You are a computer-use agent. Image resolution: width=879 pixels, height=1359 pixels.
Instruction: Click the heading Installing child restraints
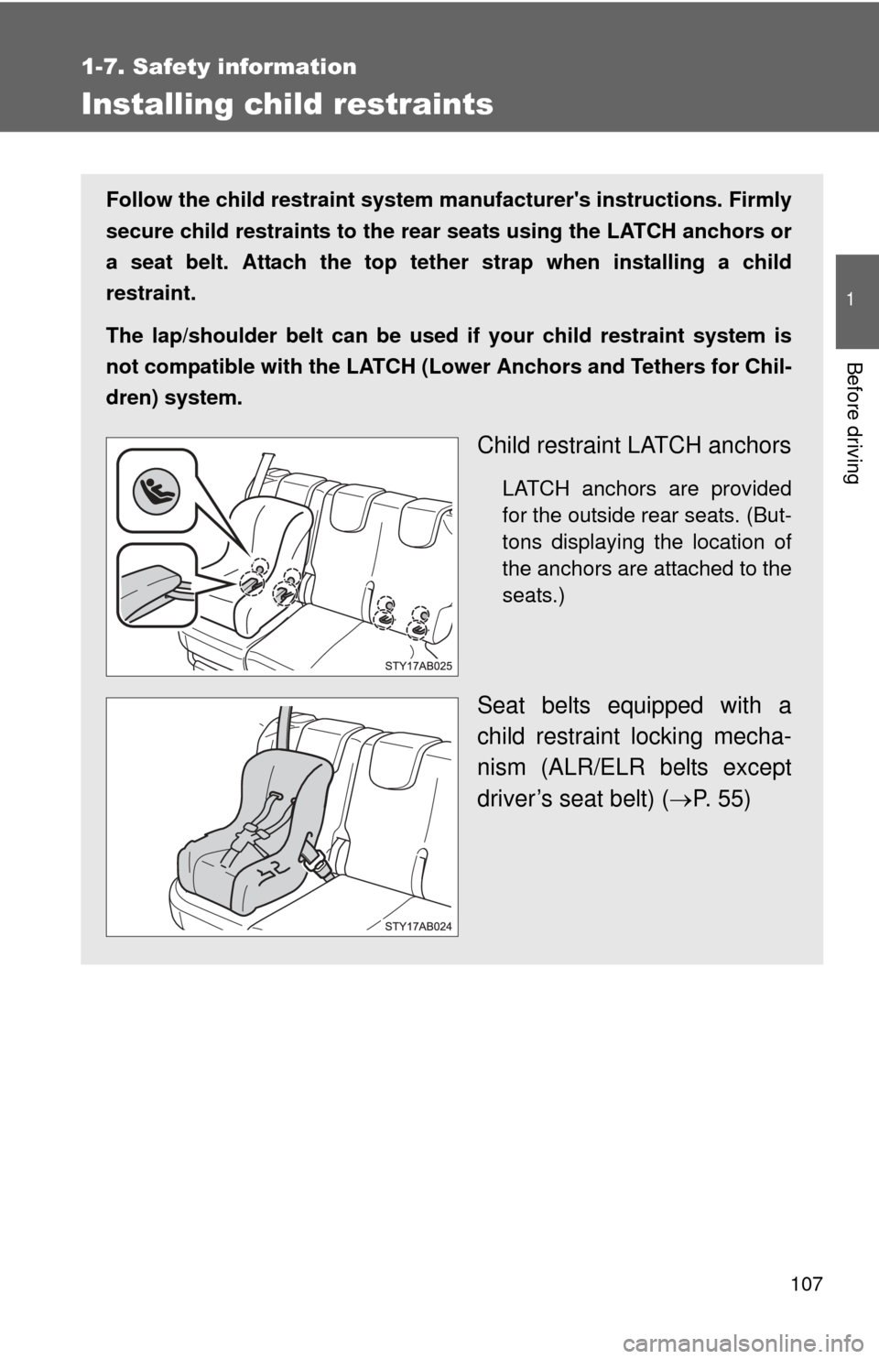(287, 104)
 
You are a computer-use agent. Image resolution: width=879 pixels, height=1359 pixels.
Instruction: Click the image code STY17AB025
(418, 666)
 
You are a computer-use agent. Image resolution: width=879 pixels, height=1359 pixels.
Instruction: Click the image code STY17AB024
(418, 926)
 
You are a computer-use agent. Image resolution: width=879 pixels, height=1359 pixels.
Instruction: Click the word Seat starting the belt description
(504, 706)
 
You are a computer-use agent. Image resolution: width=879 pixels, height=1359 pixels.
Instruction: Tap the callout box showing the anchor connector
(156, 583)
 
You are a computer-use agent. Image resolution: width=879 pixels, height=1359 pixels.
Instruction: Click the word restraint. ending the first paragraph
(150, 294)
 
